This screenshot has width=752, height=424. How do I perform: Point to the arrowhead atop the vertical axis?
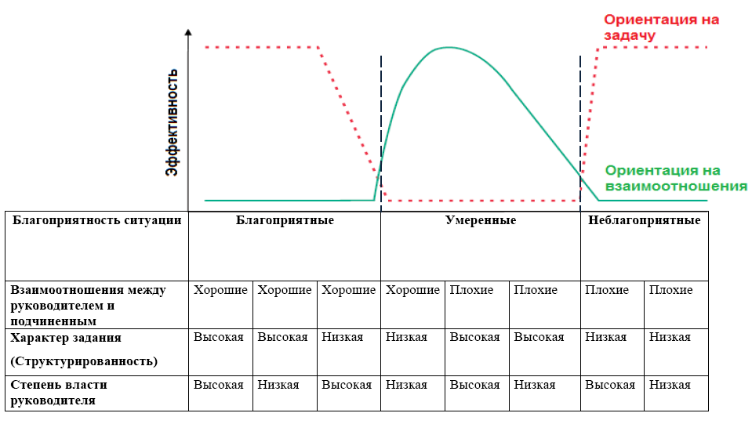(x=188, y=32)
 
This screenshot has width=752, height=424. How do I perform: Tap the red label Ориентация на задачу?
(x=661, y=27)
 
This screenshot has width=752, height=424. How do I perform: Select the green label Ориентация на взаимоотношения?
(x=675, y=178)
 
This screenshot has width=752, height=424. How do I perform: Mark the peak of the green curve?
(x=448, y=48)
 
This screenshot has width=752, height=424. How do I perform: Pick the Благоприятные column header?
(x=285, y=220)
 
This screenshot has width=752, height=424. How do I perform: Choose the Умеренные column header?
(x=481, y=220)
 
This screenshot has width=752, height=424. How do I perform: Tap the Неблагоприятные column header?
(x=644, y=220)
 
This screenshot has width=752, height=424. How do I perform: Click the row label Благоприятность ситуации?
(x=97, y=220)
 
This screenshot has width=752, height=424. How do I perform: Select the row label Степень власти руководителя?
(x=59, y=393)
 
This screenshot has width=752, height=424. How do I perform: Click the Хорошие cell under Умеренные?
(x=412, y=290)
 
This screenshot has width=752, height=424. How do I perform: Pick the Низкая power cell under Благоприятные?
(x=278, y=385)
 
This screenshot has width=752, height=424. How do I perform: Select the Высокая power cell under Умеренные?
(x=474, y=385)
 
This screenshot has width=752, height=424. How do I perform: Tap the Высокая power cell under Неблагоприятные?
(x=610, y=385)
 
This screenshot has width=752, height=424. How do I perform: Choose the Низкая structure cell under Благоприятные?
(x=342, y=337)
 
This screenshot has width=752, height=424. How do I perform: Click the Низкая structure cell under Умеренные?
(x=406, y=337)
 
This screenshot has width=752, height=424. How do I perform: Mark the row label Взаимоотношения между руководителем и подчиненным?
(x=88, y=305)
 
